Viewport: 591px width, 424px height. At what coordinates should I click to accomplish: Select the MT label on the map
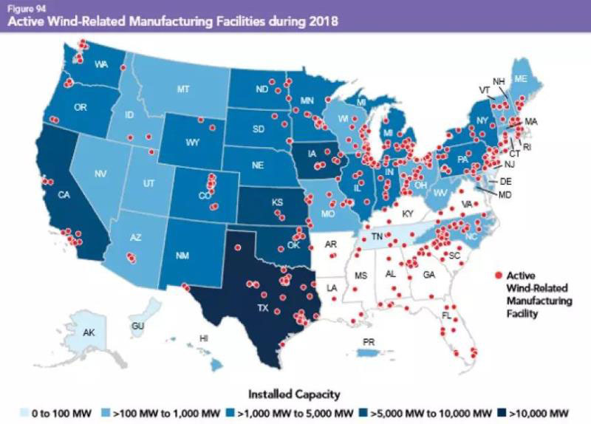184,89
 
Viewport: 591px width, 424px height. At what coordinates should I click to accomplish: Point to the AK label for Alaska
89,333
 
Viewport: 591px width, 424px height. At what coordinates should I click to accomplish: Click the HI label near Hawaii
204,338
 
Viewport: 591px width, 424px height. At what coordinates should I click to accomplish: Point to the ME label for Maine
520,79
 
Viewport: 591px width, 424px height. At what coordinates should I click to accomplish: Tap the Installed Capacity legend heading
295,394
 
